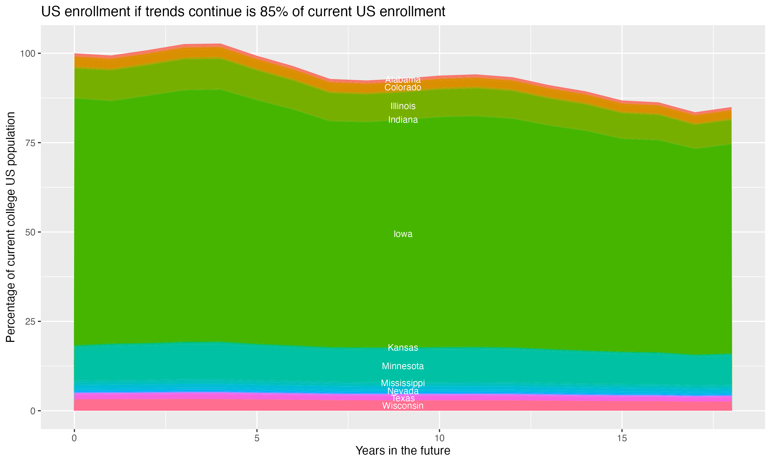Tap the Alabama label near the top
pyautogui.click(x=403, y=79)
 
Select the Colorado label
pyautogui.click(x=403, y=87)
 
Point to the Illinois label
pyautogui.click(x=403, y=106)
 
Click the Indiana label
pyautogui.click(x=403, y=120)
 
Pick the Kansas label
pyautogui.click(x=403, y=348)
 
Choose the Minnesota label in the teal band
pyautogui.click(x=403, y=366)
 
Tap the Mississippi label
pyautogui.click(x=403, y=383)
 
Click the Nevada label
pyautogui.click(x=403, y=391)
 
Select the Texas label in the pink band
pyautogui.click(x=403, y=398)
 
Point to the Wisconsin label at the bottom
pyautogui.click(x=403, y=406)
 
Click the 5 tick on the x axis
pyautogui.click(x=257, y=438)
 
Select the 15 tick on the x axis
pyautogui.click(x=622, y=438)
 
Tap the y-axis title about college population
pyautogui.click(x=11, y=227)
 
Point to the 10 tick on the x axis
pyautogui.click(x=439, y=438)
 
